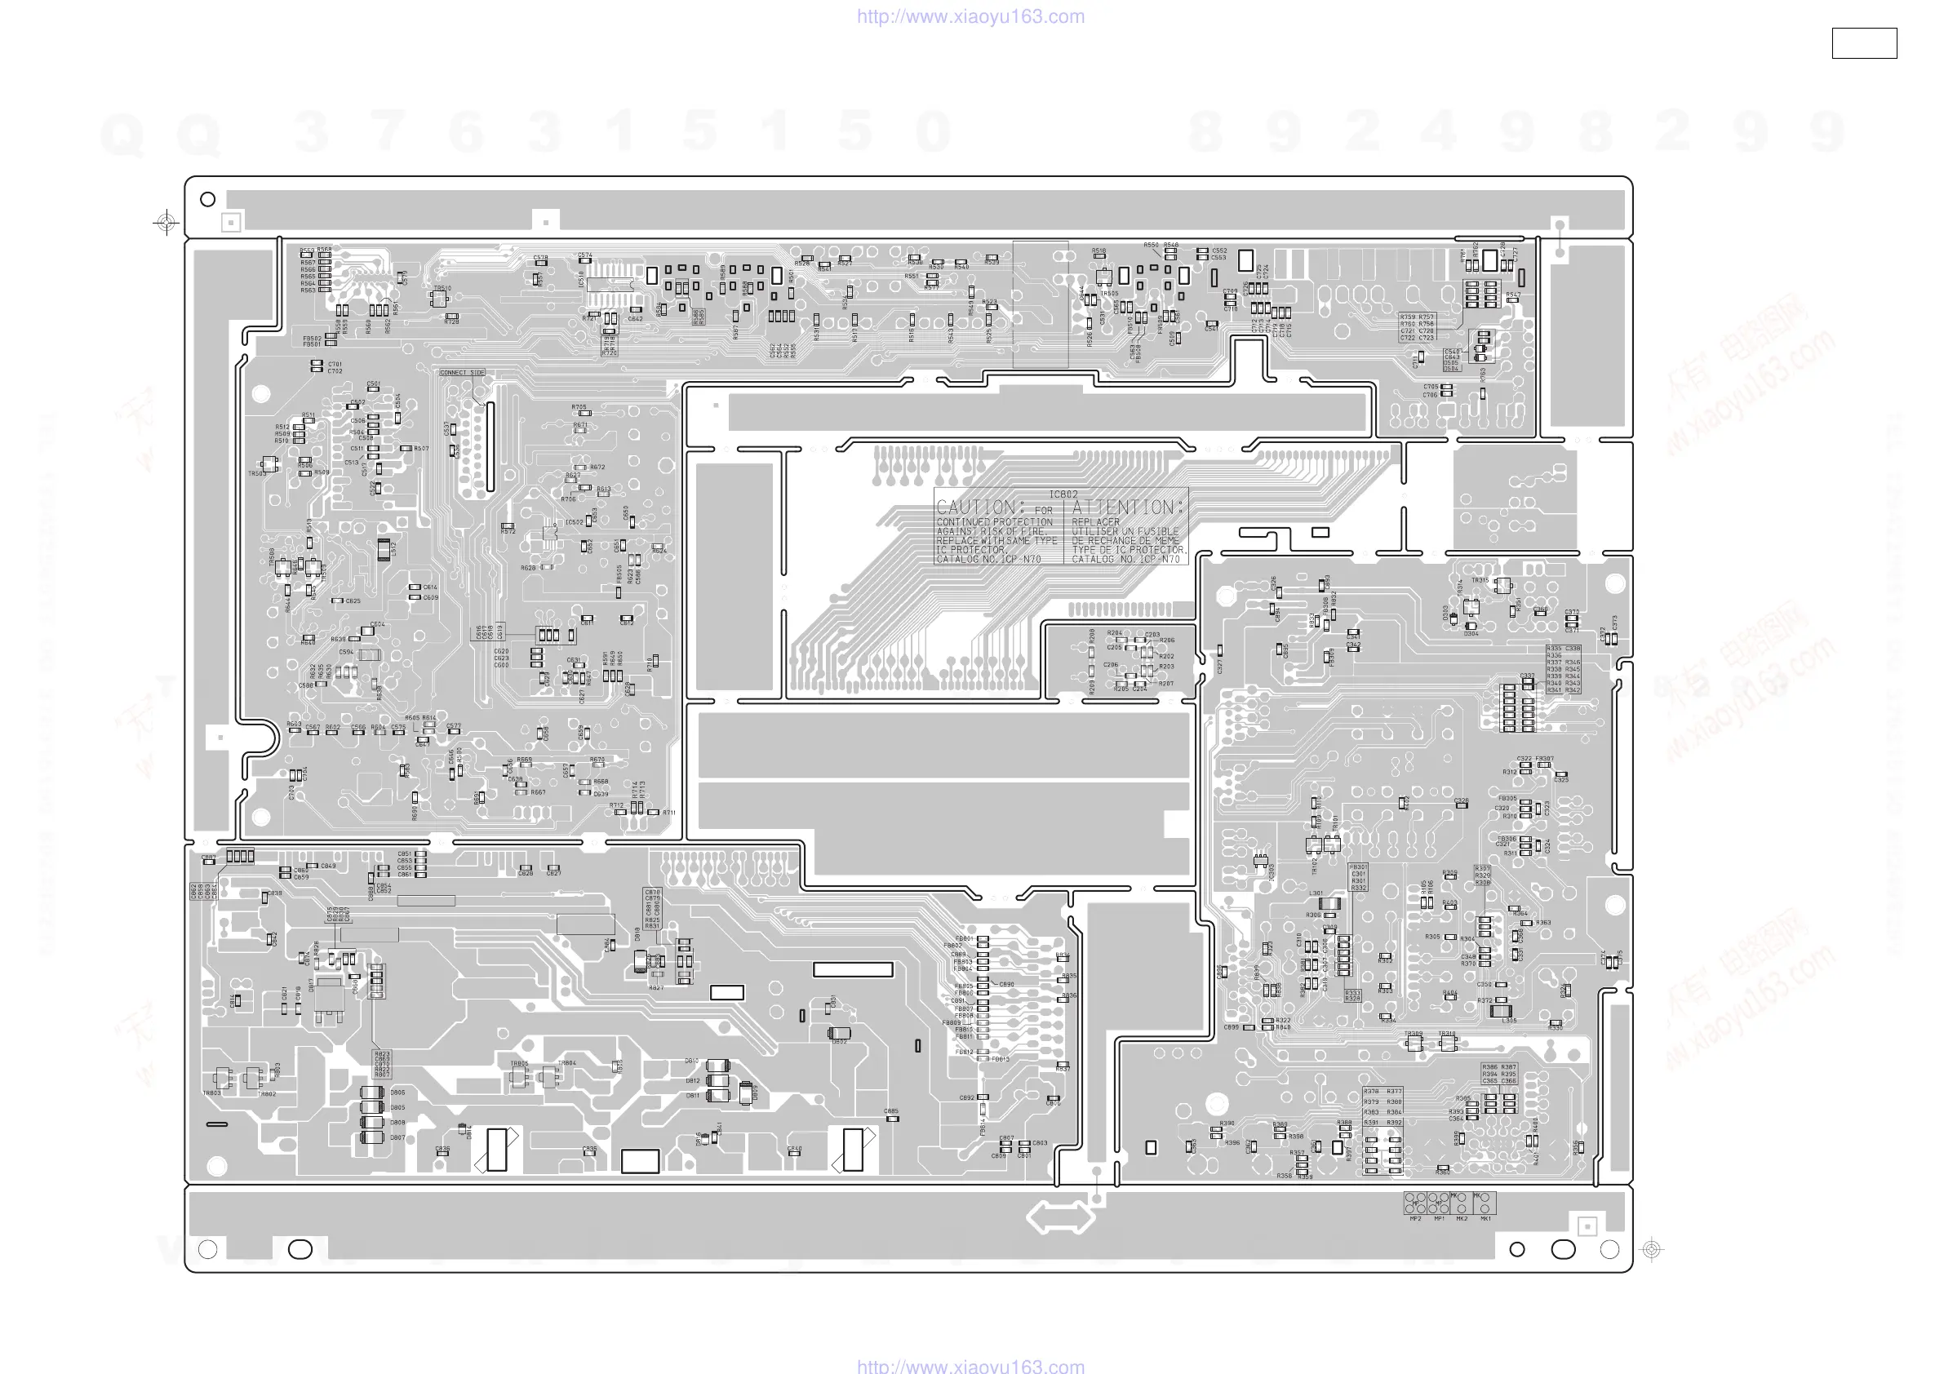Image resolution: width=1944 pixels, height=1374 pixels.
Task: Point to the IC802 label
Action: coord(1063,494)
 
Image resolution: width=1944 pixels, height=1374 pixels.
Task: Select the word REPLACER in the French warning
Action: coord(1094,522)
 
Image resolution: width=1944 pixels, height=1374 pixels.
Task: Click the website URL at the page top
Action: coord(970,16)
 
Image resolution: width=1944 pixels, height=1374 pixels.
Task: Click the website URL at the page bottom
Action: coord(970,1366)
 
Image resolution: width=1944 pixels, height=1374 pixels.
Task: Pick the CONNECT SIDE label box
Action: coord(462,373)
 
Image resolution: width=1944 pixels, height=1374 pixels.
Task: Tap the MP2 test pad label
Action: coord(1415,1219)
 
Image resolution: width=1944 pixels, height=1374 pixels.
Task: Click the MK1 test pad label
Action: coord(1485,1219)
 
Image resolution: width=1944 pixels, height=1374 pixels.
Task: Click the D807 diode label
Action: coord(397,1138)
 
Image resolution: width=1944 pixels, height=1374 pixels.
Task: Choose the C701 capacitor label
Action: coord(335,364)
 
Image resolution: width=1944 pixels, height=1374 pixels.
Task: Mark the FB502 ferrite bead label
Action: coord(313,339)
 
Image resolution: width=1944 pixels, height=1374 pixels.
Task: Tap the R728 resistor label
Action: coord(452,322)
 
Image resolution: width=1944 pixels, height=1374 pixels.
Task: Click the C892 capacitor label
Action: coord(967,1098)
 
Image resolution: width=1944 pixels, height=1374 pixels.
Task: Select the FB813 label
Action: coord(1001,1059)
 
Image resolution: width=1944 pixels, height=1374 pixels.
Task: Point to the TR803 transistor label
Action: coord(211,1094)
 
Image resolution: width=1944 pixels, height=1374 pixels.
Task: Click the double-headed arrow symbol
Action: coord(1060,1218)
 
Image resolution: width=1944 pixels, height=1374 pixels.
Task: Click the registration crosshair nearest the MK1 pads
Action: coord(1651,1248)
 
